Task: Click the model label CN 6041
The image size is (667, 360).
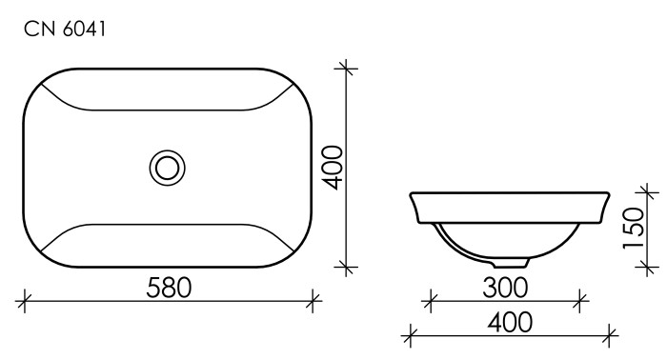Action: click(65, 30)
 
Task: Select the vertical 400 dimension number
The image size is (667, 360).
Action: click(331, 168)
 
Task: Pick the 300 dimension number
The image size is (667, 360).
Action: click(504, 287)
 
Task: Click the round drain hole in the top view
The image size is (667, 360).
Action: click(168, 168)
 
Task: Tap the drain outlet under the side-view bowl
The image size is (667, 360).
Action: click(515, 260)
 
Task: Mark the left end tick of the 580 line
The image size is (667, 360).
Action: click(24, 303)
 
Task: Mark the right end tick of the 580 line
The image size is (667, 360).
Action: click(313, 303)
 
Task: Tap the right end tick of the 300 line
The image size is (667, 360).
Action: click(579, 303)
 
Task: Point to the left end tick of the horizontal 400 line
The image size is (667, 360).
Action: click(411, 335)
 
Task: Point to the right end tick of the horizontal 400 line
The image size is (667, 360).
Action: click(613, 335)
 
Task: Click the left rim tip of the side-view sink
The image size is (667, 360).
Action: click(412, 192)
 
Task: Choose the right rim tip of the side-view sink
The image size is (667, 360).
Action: click(612, 192)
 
